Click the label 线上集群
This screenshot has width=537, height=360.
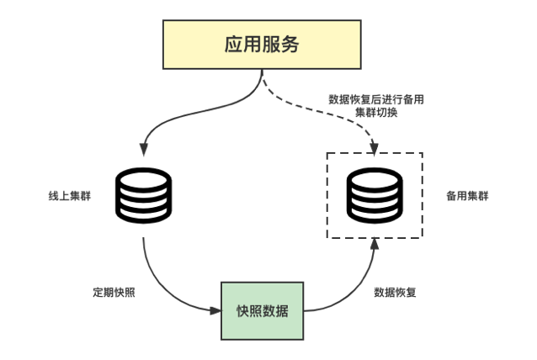(x=70, y=195)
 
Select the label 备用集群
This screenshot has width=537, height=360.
(x=466, y=195)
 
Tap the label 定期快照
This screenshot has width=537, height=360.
(x=114, y=293)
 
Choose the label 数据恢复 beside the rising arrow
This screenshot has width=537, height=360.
(x=395, y=293)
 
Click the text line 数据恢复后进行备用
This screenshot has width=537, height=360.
(x=375, y=98)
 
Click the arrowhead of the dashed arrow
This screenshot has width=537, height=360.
(x=373, y=148)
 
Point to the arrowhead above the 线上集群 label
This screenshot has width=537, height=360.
(x=144, y=150)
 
